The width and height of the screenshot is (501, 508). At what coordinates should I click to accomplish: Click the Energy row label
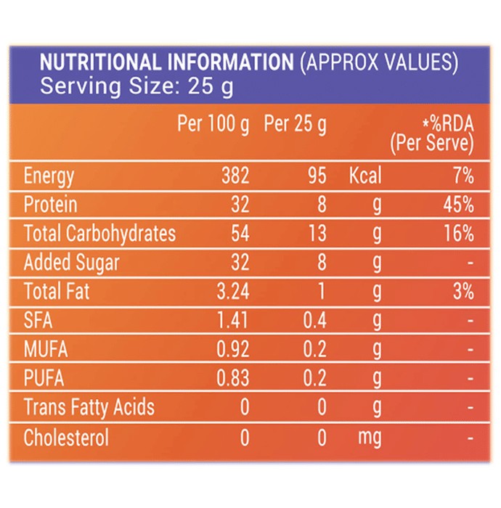49,176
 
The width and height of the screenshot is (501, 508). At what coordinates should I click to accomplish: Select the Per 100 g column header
213,124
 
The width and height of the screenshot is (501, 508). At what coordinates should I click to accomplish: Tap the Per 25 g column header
296,124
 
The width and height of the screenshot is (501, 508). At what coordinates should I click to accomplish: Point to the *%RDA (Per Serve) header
432,134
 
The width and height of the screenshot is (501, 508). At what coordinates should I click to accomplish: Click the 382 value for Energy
235,176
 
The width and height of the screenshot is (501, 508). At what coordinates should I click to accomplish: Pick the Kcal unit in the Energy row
365,176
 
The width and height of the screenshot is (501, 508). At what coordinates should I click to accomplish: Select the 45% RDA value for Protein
459,205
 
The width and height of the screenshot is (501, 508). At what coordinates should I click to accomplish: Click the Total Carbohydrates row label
99,234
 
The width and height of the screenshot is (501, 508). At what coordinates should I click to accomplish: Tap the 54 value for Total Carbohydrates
240,233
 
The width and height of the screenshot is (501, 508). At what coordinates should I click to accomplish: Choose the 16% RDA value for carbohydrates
459,233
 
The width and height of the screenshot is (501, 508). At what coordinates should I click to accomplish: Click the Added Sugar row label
72,263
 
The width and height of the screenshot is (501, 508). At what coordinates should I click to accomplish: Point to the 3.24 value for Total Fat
233,291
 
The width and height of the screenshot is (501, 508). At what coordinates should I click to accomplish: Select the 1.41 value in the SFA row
232,320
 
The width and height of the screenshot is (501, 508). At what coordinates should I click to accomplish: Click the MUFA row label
46,349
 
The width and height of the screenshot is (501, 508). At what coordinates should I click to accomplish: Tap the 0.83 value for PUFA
233,378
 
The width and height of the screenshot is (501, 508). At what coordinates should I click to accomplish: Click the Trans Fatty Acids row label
89,408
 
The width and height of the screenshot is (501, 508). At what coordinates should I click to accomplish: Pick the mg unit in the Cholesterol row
370,438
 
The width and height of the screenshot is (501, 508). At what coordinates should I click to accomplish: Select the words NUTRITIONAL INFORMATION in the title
166,62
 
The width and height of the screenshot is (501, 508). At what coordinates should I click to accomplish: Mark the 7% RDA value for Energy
464,176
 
